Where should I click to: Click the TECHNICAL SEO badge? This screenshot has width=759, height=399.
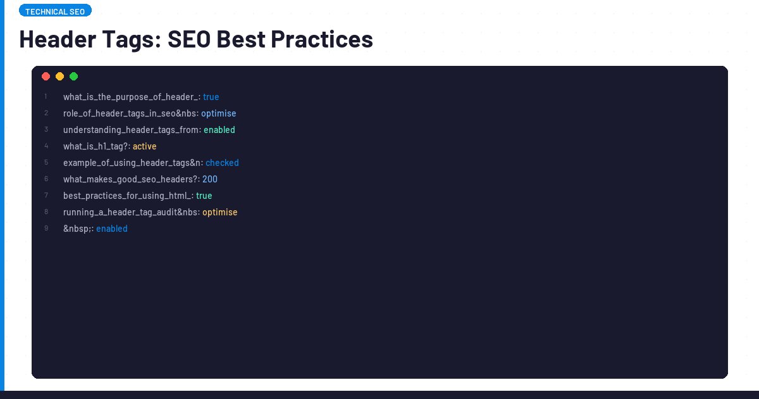(x=55, y=11)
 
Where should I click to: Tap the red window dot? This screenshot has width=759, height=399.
(x=46, y=77)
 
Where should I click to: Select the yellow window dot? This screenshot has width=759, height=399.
(x=59, y=77)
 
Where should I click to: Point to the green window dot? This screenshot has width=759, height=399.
(x=73, y=77)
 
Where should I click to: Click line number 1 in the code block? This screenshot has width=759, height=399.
(x=46, y=97)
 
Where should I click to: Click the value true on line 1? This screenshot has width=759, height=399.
(x=211, y=97)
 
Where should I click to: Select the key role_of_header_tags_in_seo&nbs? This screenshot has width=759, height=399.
(x=130, y=113)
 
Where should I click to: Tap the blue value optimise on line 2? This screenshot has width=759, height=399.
(x=219, y=113)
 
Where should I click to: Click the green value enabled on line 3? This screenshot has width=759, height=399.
(x=219, y=130)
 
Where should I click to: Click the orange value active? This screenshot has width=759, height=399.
(x=145, y=146)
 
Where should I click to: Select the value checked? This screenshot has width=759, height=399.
(x=222, y=163)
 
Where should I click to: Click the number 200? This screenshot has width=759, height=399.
(x=210, y=179)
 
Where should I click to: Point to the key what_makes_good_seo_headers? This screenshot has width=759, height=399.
(x=130, y=179)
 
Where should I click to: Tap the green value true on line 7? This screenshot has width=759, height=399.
(x=204, y=196)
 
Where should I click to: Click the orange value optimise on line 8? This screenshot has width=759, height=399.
(x=220, y=212)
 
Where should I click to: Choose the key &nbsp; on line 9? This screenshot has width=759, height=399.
(x=77, y=229)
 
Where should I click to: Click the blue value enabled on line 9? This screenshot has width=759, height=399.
(x=112, y=229)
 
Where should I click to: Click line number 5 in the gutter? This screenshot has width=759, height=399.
(x=46, y=163)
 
